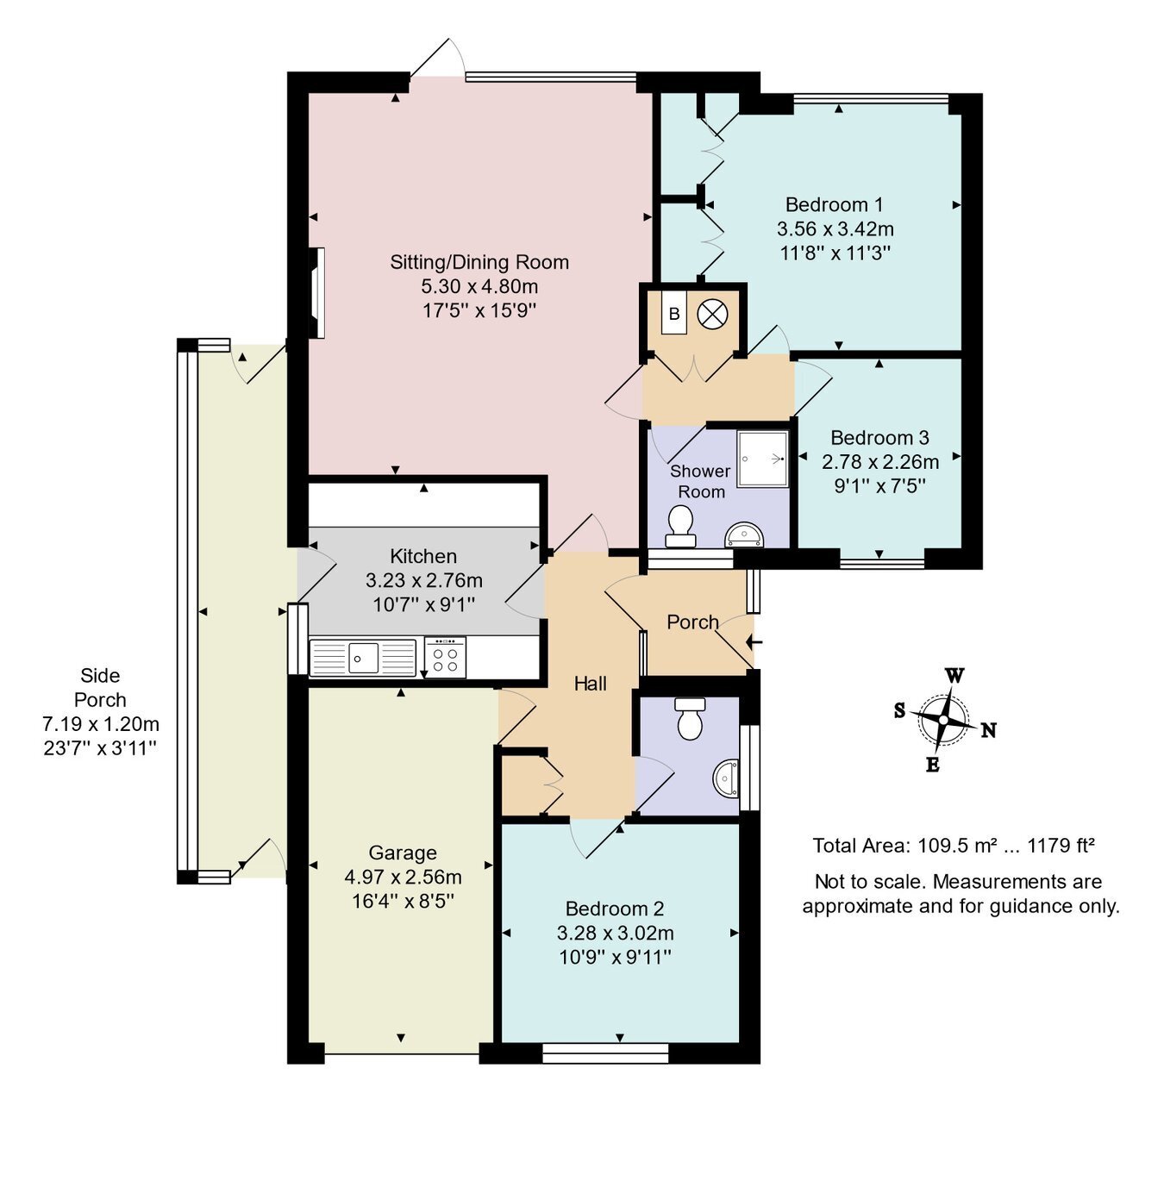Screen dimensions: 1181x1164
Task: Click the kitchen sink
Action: pos(362,659)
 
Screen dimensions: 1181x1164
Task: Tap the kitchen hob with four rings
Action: pos(445,659)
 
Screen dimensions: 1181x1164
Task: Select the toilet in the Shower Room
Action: pos(680,527)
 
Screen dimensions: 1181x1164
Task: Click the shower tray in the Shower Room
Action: pos(762,459)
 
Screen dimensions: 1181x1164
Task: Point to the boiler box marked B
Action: pos(674,314)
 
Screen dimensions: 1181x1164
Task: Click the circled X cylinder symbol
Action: pos(712,314)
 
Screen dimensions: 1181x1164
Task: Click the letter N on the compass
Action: pos(988,731)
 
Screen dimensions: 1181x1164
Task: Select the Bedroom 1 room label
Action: pos(834,205)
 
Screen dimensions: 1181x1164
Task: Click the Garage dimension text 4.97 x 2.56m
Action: pos(403,878)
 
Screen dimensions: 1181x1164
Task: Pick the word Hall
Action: pos(591,684)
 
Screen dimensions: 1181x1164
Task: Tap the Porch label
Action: pos(692,622)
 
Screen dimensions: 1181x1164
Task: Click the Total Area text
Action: pos(953,846)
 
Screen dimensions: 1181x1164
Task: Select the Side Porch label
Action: pos(100,688)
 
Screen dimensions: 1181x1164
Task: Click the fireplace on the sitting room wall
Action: pos(316,293)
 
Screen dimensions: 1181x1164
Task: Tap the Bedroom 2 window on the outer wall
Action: pos(605,1053)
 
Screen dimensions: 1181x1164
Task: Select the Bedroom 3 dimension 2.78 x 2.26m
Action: pos(879,462)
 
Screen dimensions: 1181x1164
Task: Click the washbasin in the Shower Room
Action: pos(744,535)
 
